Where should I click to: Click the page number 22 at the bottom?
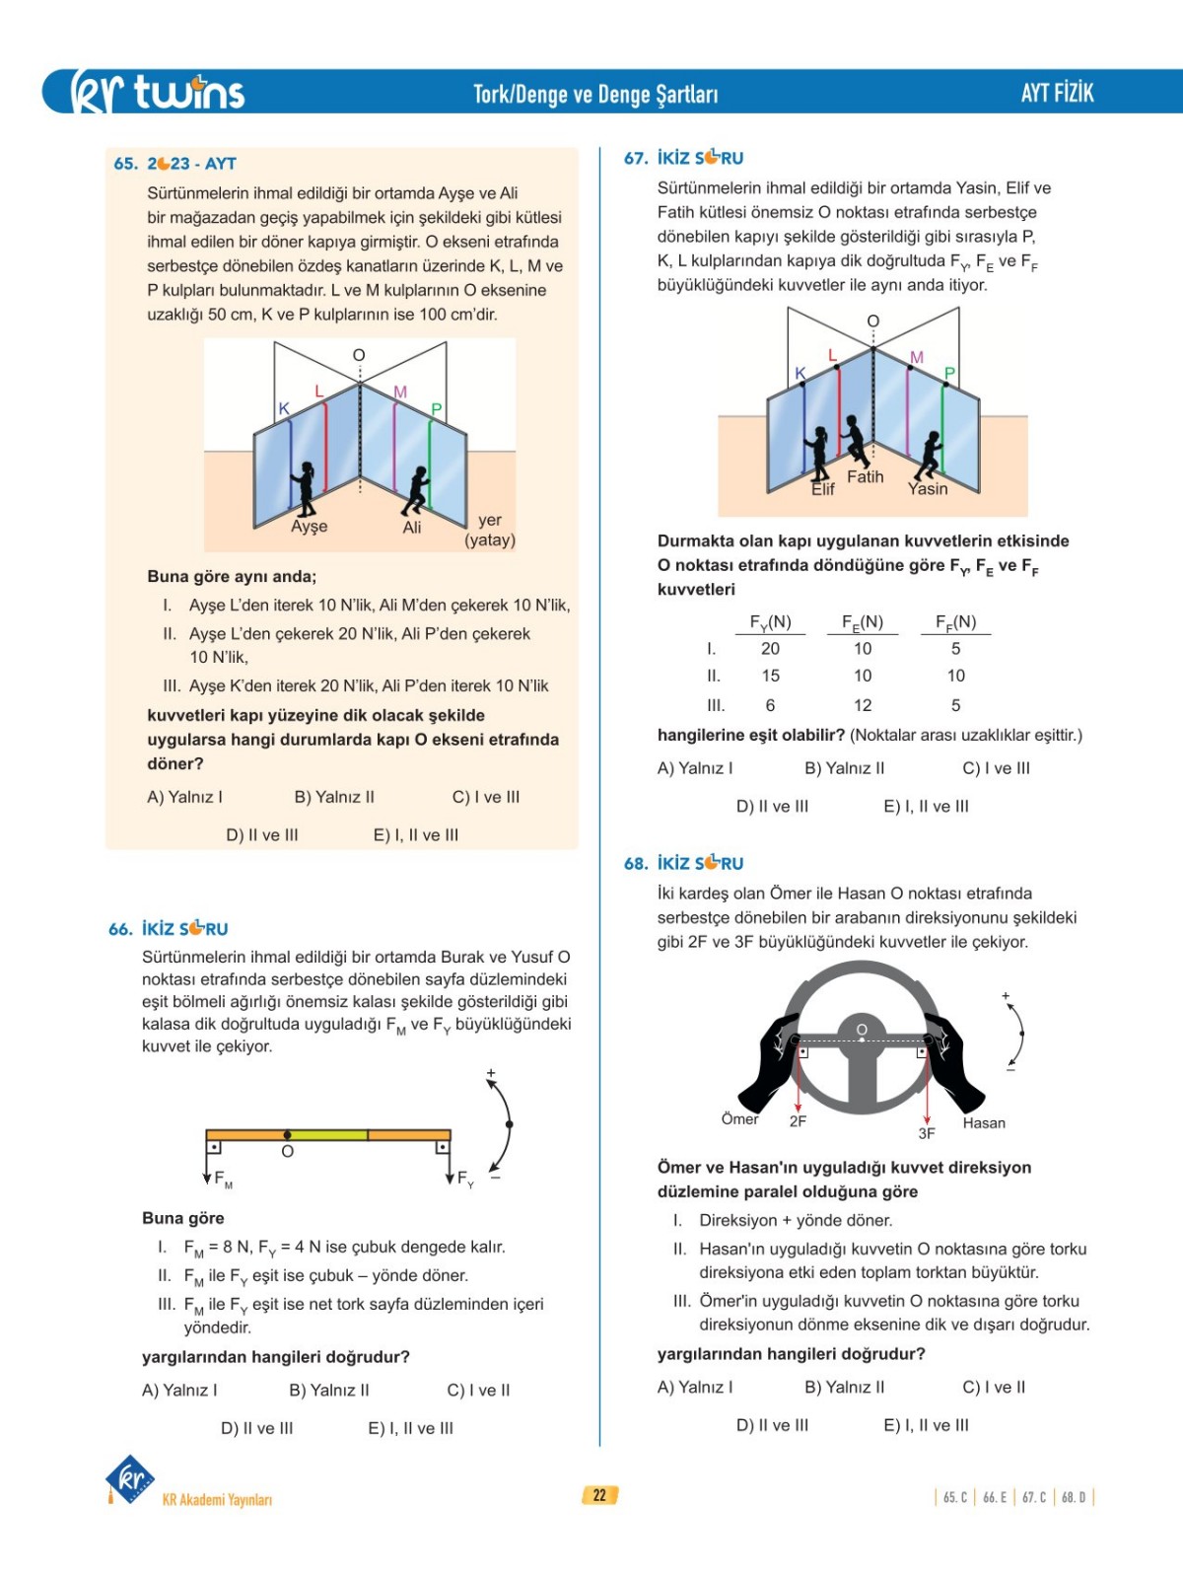click(x=599, y=1495)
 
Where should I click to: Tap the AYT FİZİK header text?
click(x=1057, y=93)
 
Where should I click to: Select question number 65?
click(x=125, y=164)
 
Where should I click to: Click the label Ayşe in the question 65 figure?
click(x=309, y=527)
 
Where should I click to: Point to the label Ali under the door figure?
click(x=412, y=528)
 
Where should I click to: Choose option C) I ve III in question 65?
click(x=485, y=797)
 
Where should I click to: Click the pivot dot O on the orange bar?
click(x=287, y=1135)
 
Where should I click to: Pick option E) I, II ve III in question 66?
click(x=410, y=1428)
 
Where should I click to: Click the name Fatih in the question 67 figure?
click(x=865, y=477)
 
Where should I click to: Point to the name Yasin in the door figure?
click(x=928, y=489)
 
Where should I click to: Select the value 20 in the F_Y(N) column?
click(x=770, y=649)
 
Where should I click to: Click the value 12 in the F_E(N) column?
click(x=863, y=705)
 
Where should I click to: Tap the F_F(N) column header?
click(x=955, y=622)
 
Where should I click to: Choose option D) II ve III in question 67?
click(x=772, y=807)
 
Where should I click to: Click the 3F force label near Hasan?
click(x=927, y=1134)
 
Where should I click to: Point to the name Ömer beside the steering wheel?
click(x=739, y=1119)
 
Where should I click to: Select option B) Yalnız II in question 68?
click(x=844, y=1388)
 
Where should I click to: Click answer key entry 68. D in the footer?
click(x=1074, y=1497)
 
